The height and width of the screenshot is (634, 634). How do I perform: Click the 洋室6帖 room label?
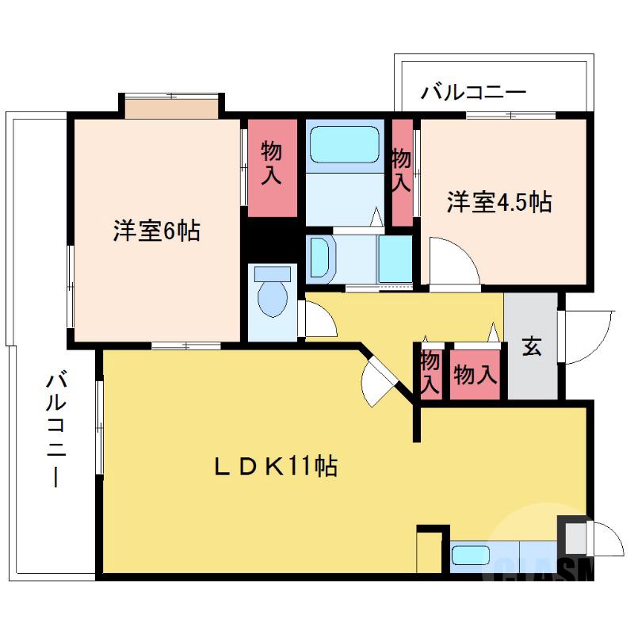(155, 231)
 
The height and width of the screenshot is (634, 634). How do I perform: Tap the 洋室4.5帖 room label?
(499, 202)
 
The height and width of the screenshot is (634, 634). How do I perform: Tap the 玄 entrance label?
(531, 346)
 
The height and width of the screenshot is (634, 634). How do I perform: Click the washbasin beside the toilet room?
(323, 257)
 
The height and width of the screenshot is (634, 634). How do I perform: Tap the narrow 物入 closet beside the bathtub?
(403, 171)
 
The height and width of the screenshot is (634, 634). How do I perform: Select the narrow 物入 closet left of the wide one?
(430, 374)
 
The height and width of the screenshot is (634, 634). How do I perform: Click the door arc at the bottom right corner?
(605, 544)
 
